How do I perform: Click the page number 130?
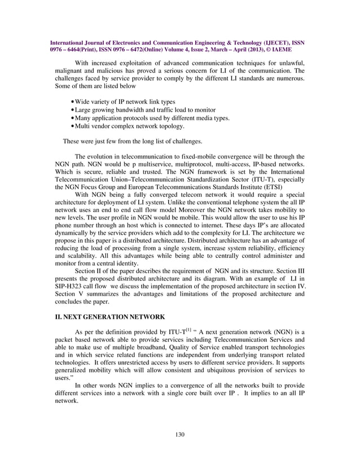point(180,434)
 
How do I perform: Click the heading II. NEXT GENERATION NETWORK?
point(107,317)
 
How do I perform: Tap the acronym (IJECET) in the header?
point(256,42)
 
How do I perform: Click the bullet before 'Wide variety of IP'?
point(73,102)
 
